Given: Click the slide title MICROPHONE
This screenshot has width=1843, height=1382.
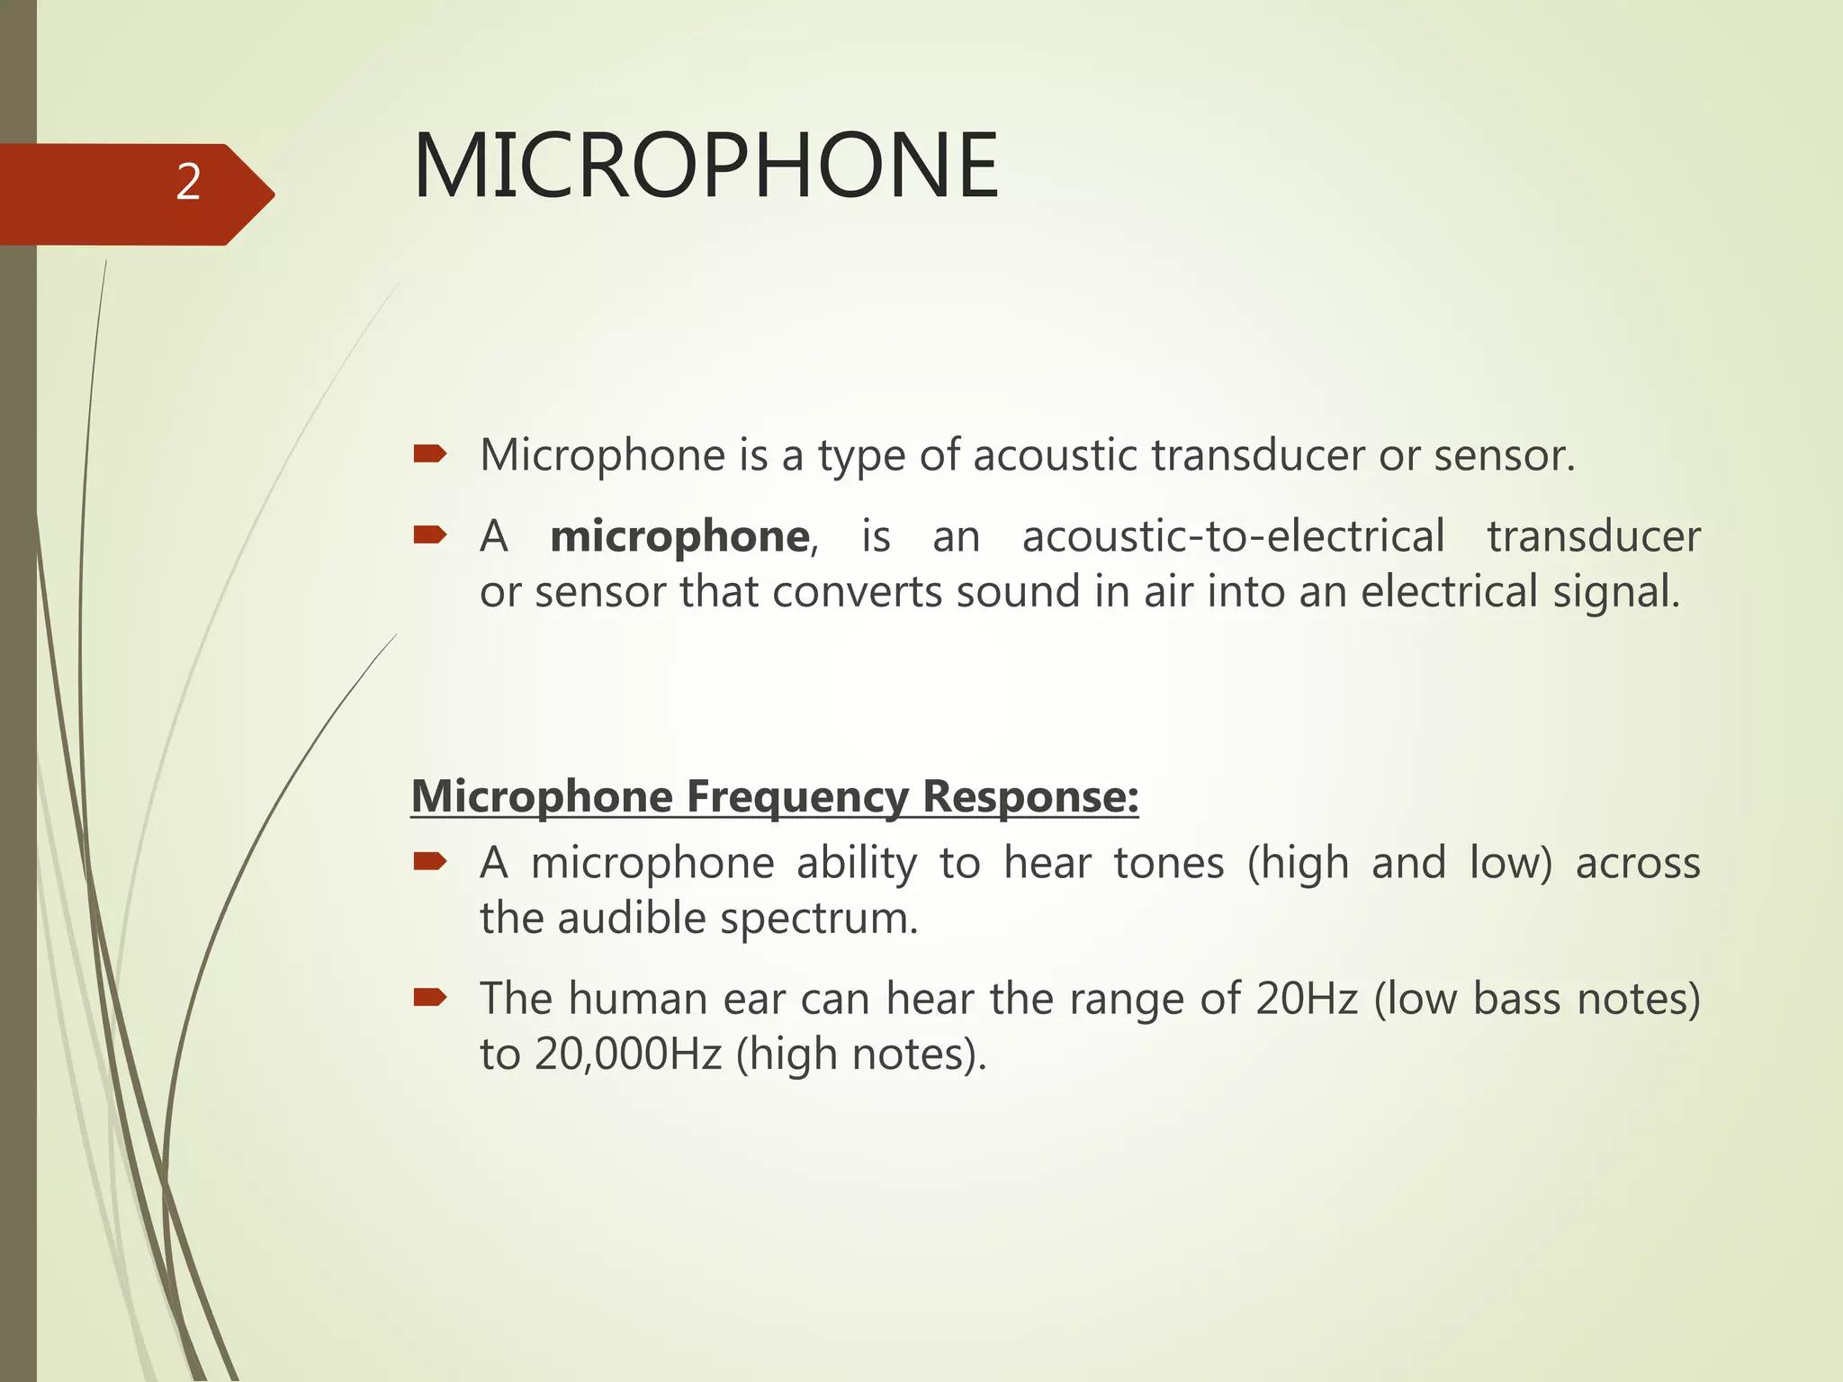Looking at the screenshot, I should [x=705, y=166].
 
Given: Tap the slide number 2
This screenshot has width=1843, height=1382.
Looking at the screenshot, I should [x=188, y=183].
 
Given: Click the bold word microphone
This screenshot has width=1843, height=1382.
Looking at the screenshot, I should [x=679, y=537].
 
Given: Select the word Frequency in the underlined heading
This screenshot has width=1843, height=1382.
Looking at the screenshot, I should [x=796, y=798].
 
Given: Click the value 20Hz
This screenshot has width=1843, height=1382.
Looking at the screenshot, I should [x=1307, y=999].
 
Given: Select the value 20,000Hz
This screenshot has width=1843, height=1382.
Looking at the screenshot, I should [x=628, y=1054].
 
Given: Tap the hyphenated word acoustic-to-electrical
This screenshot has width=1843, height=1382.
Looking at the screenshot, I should [x=1233, y=537].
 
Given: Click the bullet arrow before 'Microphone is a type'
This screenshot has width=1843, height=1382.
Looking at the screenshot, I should [x=429, y=454].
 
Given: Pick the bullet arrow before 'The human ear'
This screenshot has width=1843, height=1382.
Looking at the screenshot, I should [x=429, y=997].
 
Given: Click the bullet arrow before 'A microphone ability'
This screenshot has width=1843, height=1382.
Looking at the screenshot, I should [x=429, y=862].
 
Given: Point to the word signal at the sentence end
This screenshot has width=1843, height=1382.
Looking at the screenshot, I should [x=1615, y=593].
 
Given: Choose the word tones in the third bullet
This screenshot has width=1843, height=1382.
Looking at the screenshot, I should [x=1168, y=863].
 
